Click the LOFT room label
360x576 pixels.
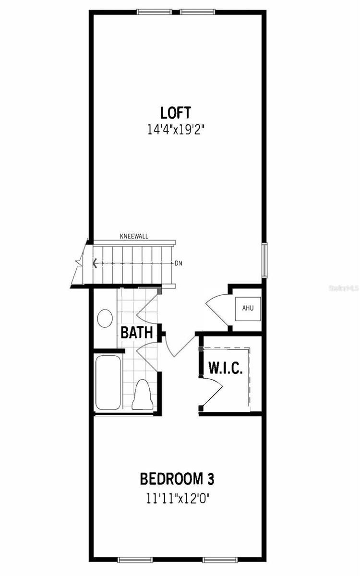[x=176, y=113]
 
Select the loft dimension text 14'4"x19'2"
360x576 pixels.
[x=176, y=129]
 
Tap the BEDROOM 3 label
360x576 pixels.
[x=177, y=479]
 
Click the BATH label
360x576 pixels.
[x=137, y=332]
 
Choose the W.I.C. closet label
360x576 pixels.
[x=226, y=368]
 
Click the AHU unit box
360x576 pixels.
[x=248, y=309]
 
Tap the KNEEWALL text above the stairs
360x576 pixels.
[x=134, y=236]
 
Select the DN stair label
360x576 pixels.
[x=179, y=264]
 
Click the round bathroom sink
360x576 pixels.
[x=105, y=318]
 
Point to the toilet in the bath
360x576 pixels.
[x=143, y=395]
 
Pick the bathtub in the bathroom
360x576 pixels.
[x=108, y=383]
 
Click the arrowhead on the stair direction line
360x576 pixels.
[x=95, y=264]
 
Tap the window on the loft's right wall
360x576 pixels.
[x=264, y=260]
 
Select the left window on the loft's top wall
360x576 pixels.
[x=154, y=12]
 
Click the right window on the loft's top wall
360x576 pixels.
[x=197, y=12]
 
